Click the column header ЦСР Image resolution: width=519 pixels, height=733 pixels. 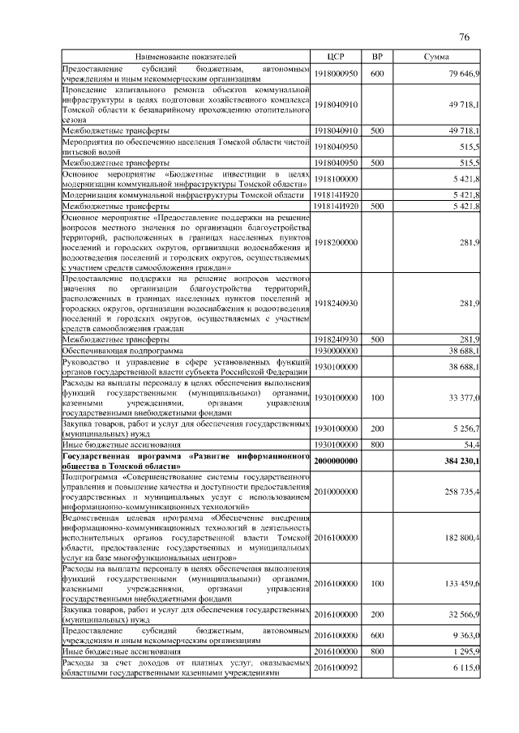pos(336,58)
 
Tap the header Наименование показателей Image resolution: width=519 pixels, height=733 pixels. pos(187,58)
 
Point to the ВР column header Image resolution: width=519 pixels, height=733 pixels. pos(377,58)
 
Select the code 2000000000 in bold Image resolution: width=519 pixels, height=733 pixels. pos(336,461)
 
